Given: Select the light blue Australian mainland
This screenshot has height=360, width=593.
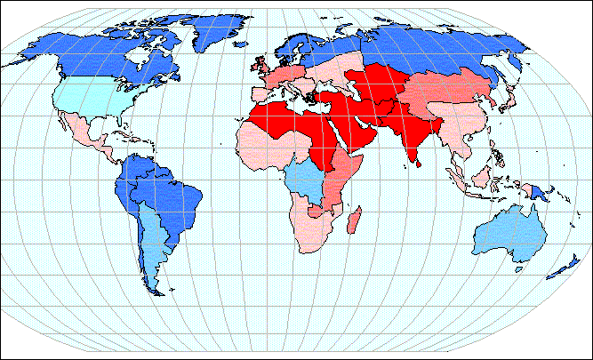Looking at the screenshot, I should point(508,236).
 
